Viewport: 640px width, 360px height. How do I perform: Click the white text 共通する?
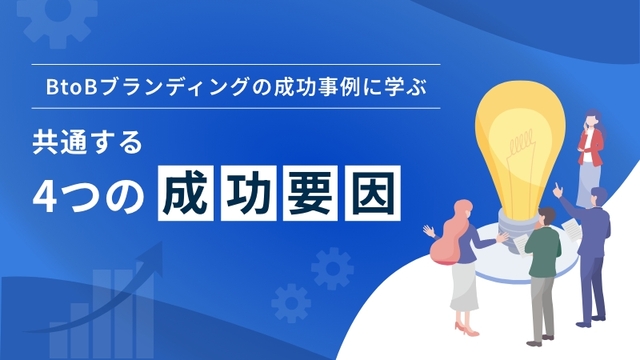(88, 141)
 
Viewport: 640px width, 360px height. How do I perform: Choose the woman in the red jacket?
(590, 145)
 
